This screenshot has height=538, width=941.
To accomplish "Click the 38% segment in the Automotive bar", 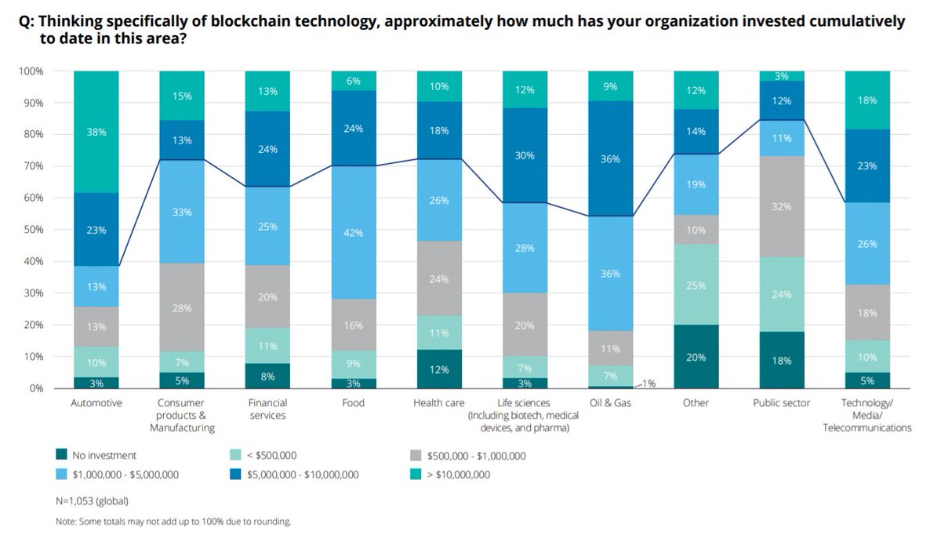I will click(x=96, y=132).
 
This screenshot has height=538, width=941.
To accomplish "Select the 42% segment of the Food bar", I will click(x=353, y=232).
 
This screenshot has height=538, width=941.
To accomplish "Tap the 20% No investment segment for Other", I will click(x=696, y=357).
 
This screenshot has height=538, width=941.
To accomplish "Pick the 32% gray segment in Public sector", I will click(x=781, y=206).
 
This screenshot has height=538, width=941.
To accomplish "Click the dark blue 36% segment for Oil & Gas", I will click(x=610, y=158).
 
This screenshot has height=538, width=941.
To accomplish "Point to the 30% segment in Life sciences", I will click(x=525, y=155).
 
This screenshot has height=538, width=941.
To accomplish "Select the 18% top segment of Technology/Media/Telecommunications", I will click(x=867, y=100).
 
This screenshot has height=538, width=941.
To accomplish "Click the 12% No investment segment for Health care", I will click(x=439, y=369).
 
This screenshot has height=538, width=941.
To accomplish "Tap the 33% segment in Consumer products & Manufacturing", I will click(x=182, y=211).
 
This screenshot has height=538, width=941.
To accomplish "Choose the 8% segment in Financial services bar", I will click(x=267, y=376).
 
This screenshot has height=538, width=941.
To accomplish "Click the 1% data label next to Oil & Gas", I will click(x=650, y=384).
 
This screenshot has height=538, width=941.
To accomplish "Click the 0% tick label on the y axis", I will click(x=36, y=388).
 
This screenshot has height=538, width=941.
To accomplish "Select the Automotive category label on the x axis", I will click(x=96, y=403).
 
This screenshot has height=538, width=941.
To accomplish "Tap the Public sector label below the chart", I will click(x=781, y=403).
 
